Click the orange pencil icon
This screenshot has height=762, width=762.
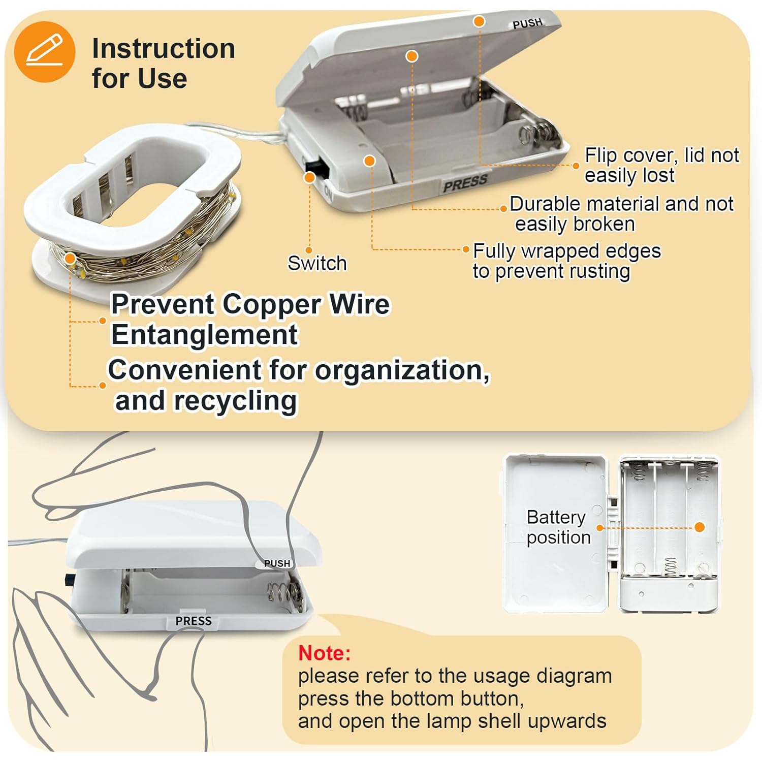45,51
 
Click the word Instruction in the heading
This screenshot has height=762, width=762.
164,49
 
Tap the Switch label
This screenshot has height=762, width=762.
317,263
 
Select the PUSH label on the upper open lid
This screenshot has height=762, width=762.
528,23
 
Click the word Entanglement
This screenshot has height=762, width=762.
205,335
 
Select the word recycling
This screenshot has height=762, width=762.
235,401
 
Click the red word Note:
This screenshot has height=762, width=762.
324,653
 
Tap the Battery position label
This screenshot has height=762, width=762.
558,527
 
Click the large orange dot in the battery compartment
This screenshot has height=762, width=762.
700,527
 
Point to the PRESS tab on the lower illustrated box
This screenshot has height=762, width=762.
194,621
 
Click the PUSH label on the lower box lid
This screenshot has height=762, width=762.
277,563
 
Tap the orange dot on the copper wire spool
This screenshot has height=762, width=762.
71,259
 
